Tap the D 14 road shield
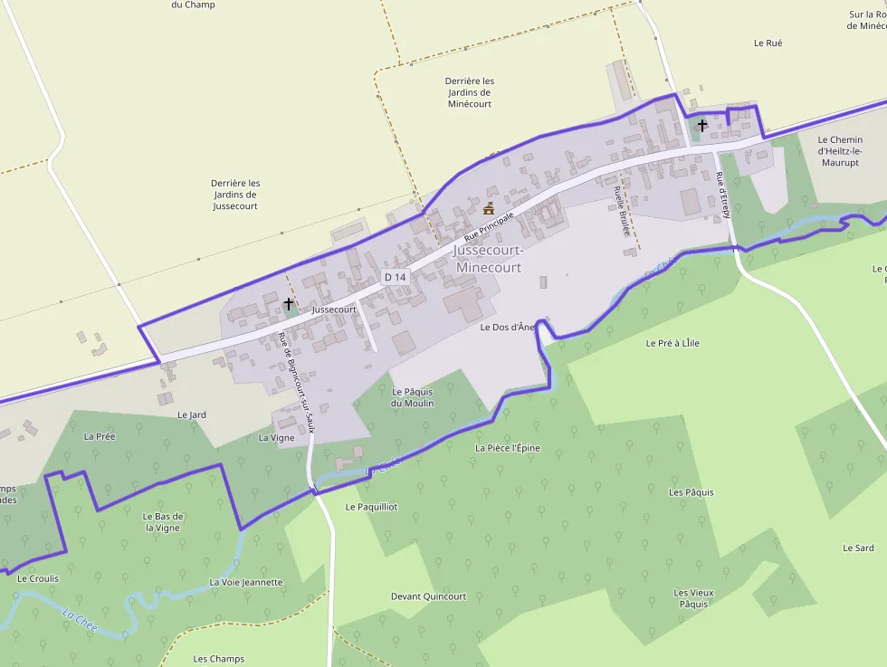point(395,276)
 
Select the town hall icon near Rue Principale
point(489,209)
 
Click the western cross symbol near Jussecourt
point(289,304)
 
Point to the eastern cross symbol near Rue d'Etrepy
point(702,126)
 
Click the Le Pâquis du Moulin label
point(412,397)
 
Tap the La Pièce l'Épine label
point(507,448)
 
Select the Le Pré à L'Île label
point(672,343)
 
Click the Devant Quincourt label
point(428,596)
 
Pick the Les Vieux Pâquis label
point(693,598)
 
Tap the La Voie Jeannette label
point(245,582)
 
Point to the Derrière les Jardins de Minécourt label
point(470,92)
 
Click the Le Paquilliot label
point(371,507)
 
